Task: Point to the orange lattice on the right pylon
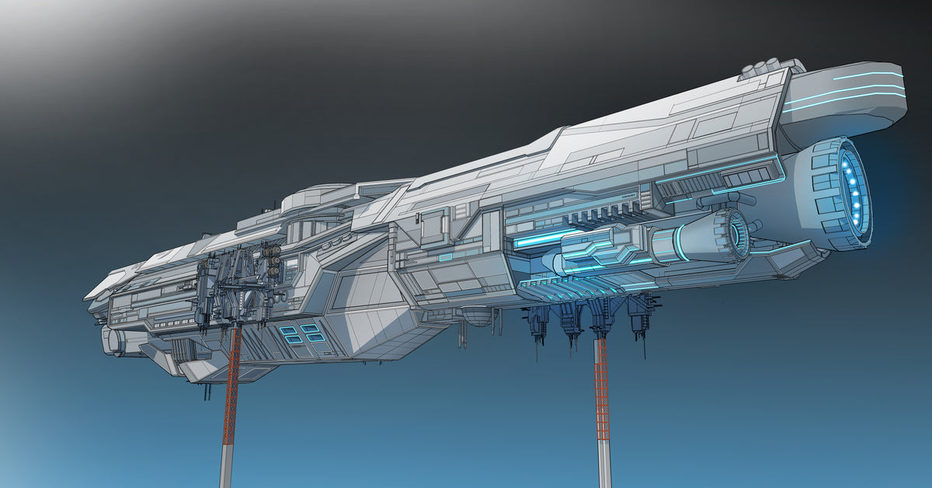601,389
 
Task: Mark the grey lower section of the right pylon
603,462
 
